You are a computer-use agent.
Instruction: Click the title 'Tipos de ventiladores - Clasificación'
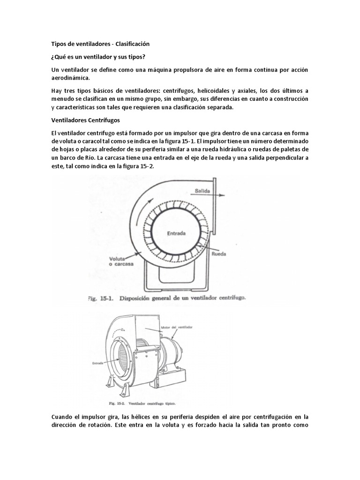pyautogui.click(x=100, y=44)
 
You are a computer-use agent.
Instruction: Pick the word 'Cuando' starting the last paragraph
pyautogui.click(x=63, y=417)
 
